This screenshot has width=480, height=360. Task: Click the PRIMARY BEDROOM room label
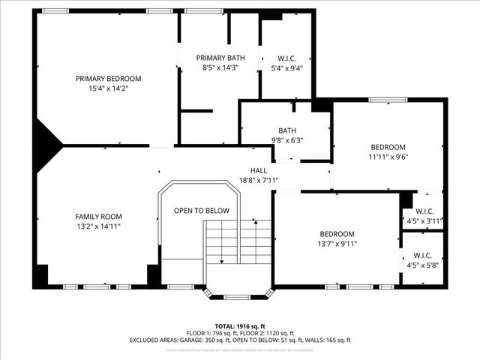[108, 78]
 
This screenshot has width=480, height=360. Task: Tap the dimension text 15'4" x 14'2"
[108, 88]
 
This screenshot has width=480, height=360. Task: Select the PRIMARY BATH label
[220, 58]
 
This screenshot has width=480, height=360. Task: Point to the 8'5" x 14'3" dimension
[220, 67]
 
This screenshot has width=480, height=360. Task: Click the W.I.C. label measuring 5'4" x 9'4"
[286, 58]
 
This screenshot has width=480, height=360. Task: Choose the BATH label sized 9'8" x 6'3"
[287, 130]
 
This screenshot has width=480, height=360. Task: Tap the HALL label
[259, 170]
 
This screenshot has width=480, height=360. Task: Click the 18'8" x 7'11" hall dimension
[259, 180]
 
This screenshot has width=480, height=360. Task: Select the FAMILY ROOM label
[98, 216]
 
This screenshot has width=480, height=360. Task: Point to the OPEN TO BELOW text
[202, 211]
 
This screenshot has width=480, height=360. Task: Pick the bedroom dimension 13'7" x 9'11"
[337, 243]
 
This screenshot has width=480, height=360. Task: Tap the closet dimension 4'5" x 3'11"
[424, 221]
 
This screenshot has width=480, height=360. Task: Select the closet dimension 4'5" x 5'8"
[424, 264]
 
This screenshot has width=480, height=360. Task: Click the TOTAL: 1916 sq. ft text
[240, 326]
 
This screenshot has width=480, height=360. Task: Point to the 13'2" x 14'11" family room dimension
[98, 226]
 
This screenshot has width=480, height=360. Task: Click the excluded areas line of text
[240, 340]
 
